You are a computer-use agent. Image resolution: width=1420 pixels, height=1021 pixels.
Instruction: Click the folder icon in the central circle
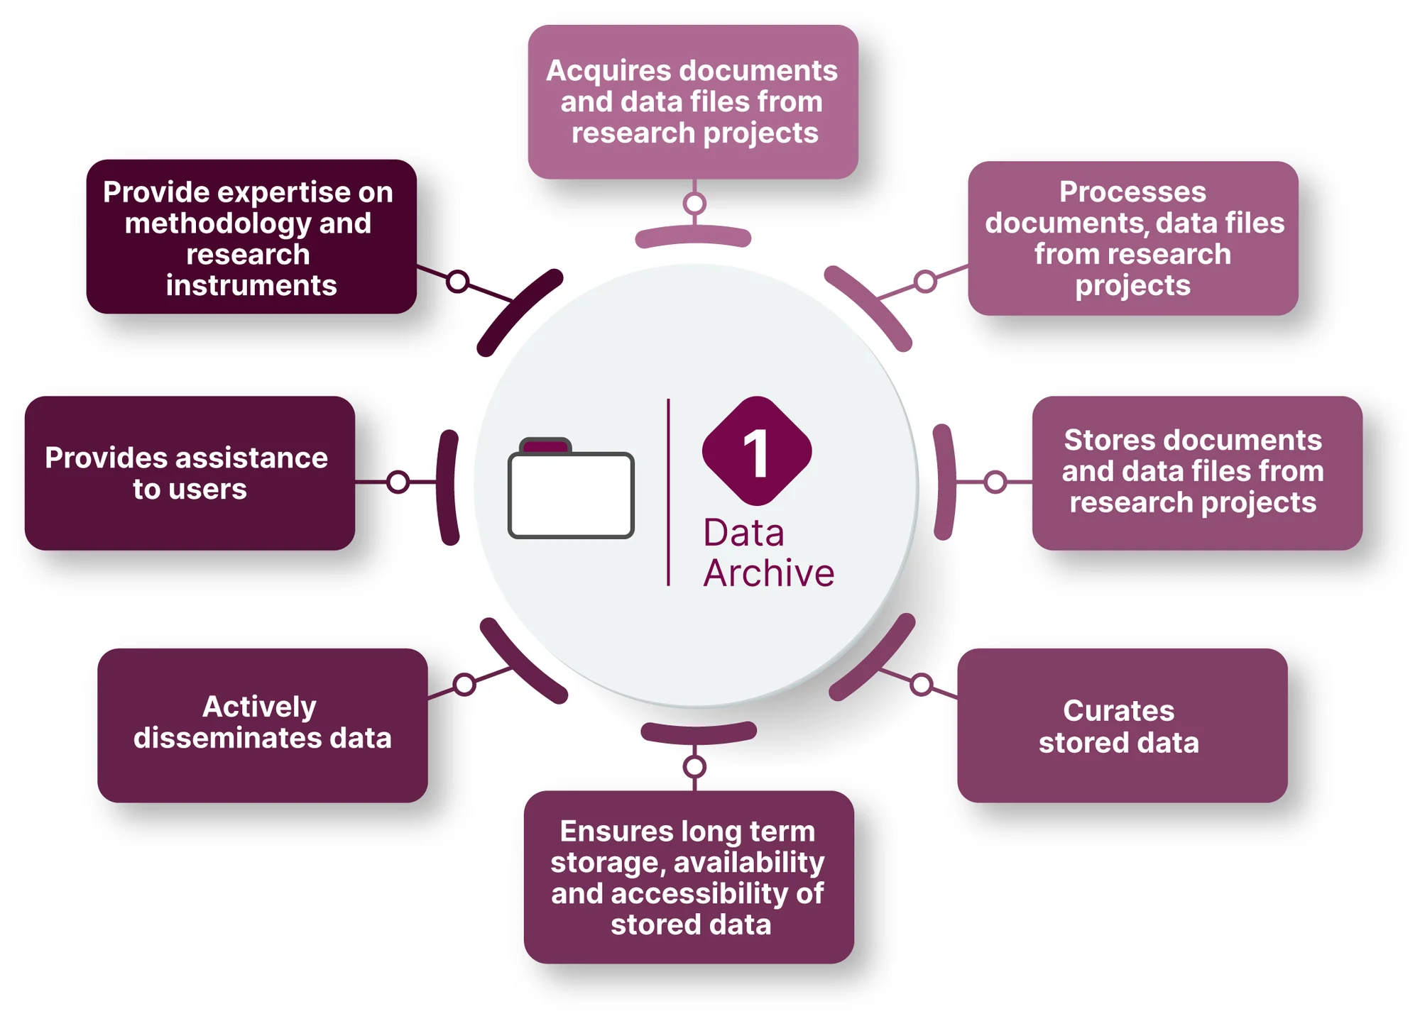[571, 490]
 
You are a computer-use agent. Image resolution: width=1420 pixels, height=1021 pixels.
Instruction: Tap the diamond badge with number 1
[757, 451]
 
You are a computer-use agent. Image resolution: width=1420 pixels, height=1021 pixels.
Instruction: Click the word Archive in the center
[769, 573]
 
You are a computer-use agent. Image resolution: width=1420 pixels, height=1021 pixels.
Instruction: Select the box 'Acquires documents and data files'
[693, 101]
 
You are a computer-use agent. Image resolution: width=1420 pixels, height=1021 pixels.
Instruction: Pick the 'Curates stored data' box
[1122, 725]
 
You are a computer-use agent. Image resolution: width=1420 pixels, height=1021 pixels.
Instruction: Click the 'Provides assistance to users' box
[190, 473]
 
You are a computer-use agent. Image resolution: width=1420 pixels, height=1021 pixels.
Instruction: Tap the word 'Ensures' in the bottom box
[606, 831]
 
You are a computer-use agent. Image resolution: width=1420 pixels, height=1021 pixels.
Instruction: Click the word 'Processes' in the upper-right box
[1132, 192]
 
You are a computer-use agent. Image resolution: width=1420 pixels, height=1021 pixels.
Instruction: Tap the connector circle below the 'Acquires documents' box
[694, 204]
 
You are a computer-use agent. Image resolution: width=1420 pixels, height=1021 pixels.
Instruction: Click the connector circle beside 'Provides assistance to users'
[398, 482]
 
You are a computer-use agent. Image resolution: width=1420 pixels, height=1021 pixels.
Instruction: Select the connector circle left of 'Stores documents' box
[995, 482]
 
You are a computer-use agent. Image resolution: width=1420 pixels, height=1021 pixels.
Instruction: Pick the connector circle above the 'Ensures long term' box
[694, 766]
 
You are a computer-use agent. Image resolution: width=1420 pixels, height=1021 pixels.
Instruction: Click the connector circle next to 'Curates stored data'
[922, 685]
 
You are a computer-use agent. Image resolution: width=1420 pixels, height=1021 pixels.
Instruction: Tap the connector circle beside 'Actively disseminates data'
[464, 685]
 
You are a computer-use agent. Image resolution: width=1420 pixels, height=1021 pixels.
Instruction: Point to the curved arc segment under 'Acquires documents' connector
[693, 236]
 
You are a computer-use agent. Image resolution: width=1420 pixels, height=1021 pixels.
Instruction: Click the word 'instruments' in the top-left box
[251, 286]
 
